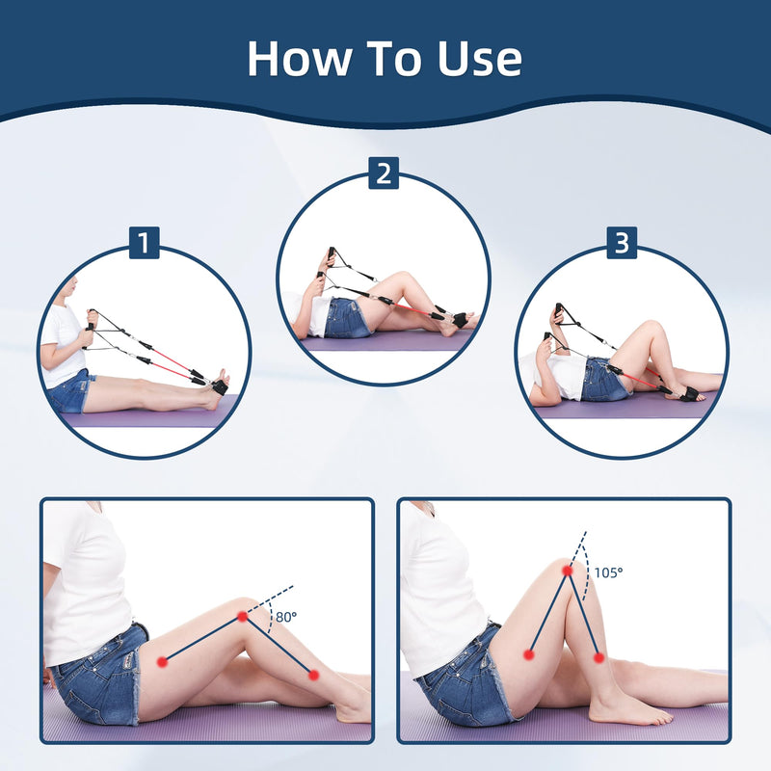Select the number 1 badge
pyautogui.click(x=144, y=243)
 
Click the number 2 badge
pyautogui.click(x=384, y=173)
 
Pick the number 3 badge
pyautogui.click(x=622, y=243)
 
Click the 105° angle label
pyautogui.click(x=607, y=572)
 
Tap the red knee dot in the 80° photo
pyautogui.click(x=242, y=616)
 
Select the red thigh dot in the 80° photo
pyautogui.click(x=163, y=661)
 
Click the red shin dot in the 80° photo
pyautogui.click(x=313, y=676)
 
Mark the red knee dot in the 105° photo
pyautogui.click(x=569, y=572)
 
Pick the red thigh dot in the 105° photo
pyautogui.click(x=529, y=654)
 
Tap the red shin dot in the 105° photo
pyautogui.click(x=598, y=657)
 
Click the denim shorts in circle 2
pyautogui.click(x=346, y=318)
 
